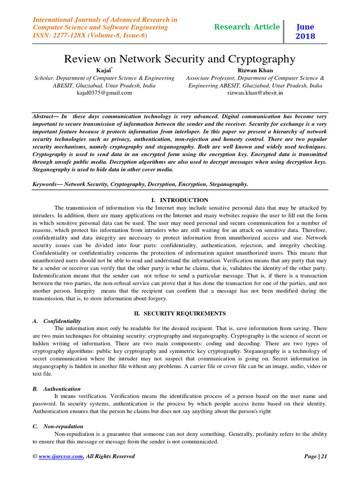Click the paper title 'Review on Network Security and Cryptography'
pos(180,59)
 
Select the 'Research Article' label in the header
pos(247,27)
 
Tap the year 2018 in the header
pos(305,36)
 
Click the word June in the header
pos(305,27)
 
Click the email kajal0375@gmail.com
pos(104,93)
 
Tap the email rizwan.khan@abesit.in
pos(255,93)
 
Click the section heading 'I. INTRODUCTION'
pos(180,200)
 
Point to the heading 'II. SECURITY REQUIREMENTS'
pos(180,313)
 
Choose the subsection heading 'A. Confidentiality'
pos(57,321)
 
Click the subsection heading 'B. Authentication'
pos(57,389)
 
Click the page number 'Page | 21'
pos(315,456)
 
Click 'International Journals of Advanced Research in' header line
pos(105,20)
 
